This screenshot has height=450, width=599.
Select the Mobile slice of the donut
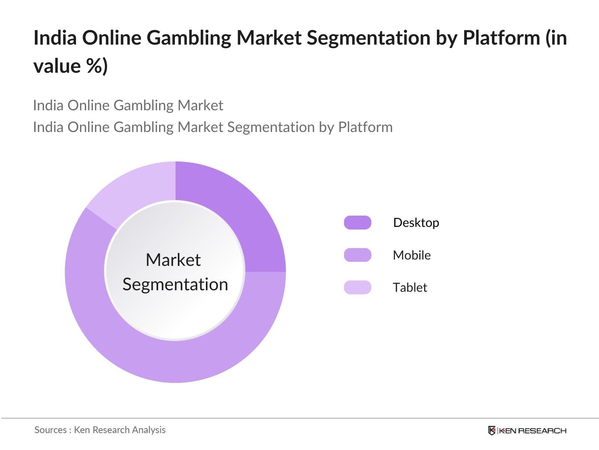click(x=176, y=360)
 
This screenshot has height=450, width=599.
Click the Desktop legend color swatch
click(x=358, y=223)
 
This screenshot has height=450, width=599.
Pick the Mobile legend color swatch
click(x=358, y=255)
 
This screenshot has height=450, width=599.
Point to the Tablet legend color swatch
click(x=358, y=287)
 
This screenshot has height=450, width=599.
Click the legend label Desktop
click(x=416, y=223)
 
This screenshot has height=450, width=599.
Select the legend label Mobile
click(x=411, y=255)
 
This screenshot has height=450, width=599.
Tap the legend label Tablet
click(x=410, y=287)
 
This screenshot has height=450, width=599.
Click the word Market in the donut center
click(x=173, y=259)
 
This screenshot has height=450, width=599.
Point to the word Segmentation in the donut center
click(x=175, y=284)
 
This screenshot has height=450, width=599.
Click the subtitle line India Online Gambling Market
click(x=128, y=105)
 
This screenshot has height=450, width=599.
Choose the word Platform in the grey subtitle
click(x=365, y=127)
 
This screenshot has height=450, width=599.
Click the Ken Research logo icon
click(x=492, y=430)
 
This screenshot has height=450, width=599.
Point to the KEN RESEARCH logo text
click(x=533, y=430)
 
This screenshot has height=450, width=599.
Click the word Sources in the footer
click(x=50, y=430)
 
